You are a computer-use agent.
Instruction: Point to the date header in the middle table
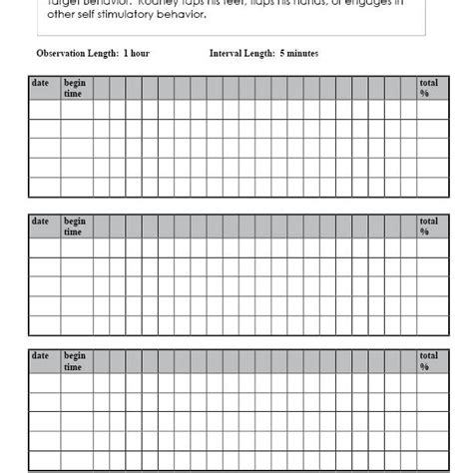click(x=41, y=221)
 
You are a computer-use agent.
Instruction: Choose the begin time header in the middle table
click(x=75, y=226)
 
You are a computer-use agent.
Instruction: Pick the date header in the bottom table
click(x=41, y=355)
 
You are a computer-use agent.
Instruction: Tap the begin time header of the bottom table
click(x=75, y=360)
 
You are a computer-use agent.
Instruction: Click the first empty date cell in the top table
click(x=45, y=111)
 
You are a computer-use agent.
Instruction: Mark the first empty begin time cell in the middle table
click(x=78, y=246)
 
